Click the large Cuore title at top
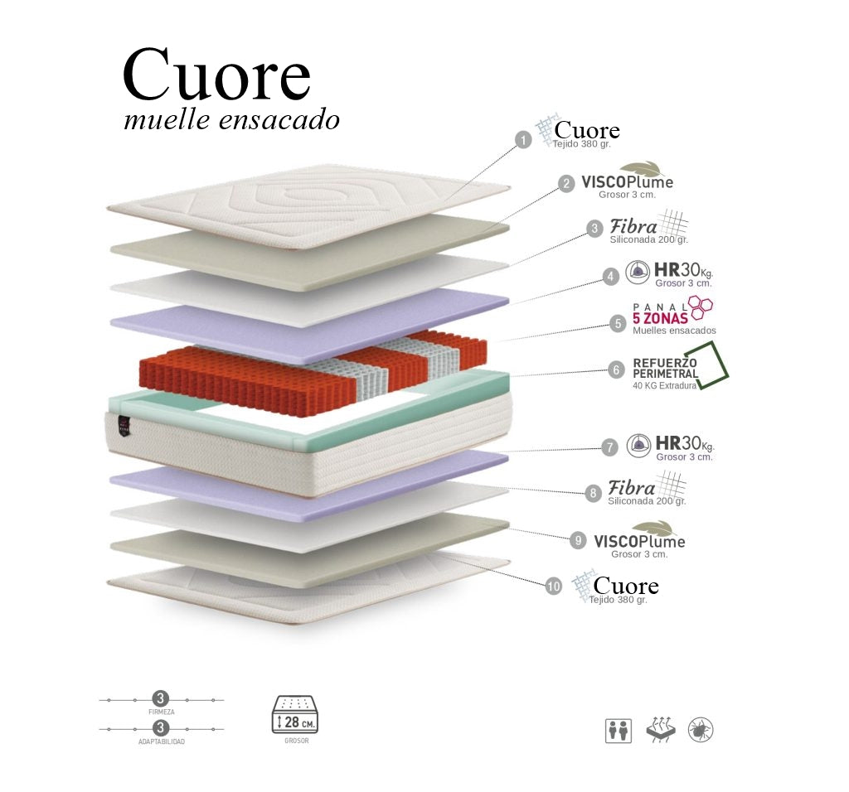[216, 75]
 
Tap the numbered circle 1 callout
[522, 140]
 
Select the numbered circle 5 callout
[618, 323]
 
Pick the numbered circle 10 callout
[554, 586]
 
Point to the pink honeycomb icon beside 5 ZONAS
[701, 308]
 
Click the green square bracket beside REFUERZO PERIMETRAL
[712, 374]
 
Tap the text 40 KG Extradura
[664, 385]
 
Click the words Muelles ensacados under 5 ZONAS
[674, 331]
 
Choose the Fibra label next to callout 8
[632, 489]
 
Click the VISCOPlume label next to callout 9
[639, 542]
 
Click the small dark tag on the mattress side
[124, 423]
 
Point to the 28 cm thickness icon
[294, 714]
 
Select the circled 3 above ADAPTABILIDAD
[161, 729]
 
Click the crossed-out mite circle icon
[701, 730]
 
